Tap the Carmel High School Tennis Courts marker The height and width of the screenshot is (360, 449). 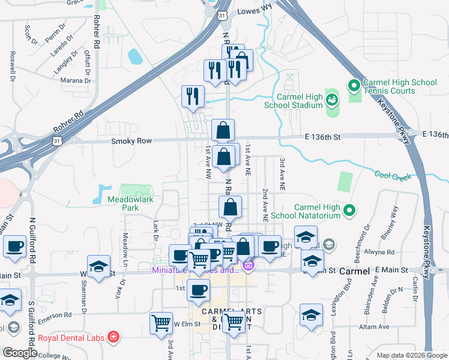click(x=354, y=86)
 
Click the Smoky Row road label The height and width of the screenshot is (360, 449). click(x=129, y=140)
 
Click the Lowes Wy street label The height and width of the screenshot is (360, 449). click(x=255, y=10)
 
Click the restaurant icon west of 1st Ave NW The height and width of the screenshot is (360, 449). click(x=193, y=97)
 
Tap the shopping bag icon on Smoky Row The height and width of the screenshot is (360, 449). click(x=223, y=130)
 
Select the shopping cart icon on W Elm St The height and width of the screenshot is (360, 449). click(x=161, y=323)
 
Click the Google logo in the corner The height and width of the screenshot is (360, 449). click(x=20, y=353)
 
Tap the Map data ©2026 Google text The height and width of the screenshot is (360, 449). click(x=411, y=355)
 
